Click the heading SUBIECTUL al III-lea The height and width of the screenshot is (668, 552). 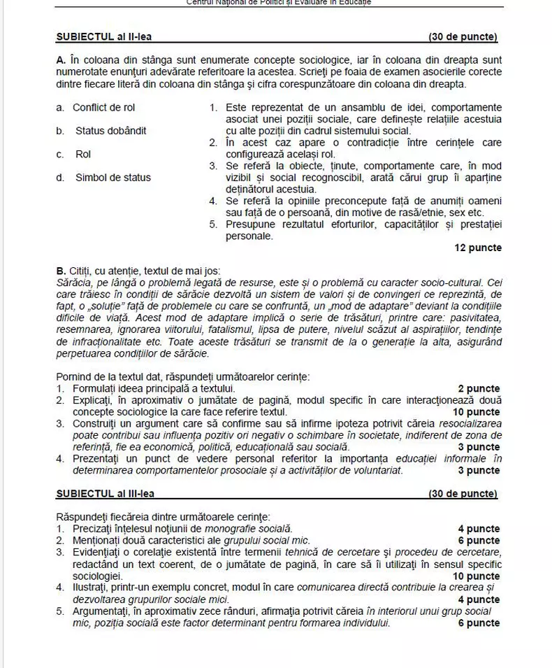(x=106, y=494)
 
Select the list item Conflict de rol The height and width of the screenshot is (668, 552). (x=103, y=107)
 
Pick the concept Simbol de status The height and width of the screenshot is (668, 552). (x=112, y=178)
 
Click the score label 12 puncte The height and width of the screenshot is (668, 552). (x=477, y=248)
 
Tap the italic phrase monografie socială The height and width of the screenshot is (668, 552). (x=253, y=529)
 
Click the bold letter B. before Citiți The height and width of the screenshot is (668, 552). (x=60, y=270)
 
